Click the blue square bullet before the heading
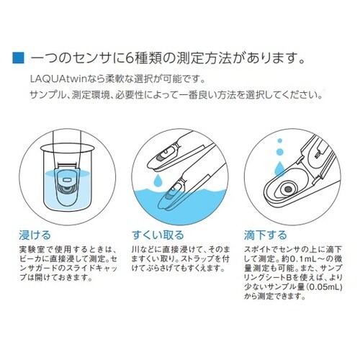[19, 55]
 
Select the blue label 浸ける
[36, 235]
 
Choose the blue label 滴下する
[266, 235]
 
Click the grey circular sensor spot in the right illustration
[287, 189]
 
